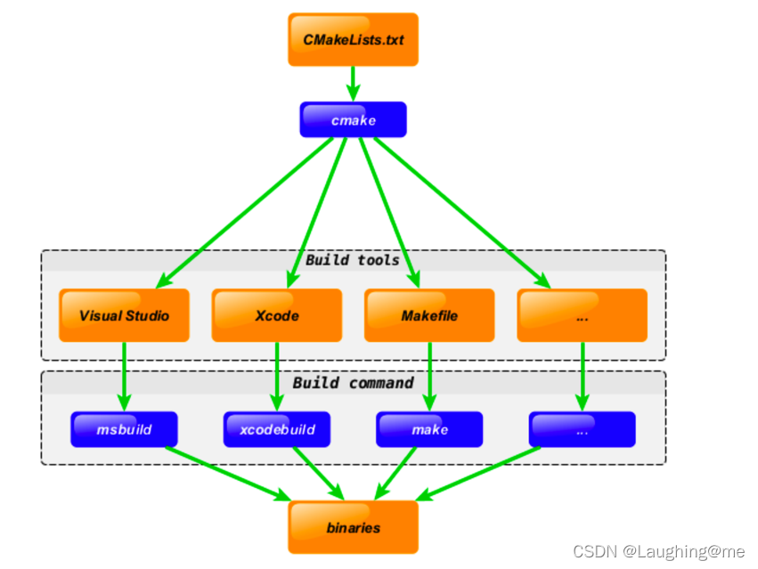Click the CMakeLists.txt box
tap(353, 39)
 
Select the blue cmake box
tap(353, 120)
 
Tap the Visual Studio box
tap(124, 315)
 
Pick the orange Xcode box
tap(277, 315)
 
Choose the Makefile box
tap(429, 315)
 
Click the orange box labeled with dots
tap(582, 315)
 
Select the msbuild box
tap(124, 429)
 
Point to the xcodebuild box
tap(277, 429)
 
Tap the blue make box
tap(429, 429)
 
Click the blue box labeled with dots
tap(582, 429)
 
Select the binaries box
tap(353, 527)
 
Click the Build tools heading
tap(353, 260)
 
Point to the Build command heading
tap(353, 383)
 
